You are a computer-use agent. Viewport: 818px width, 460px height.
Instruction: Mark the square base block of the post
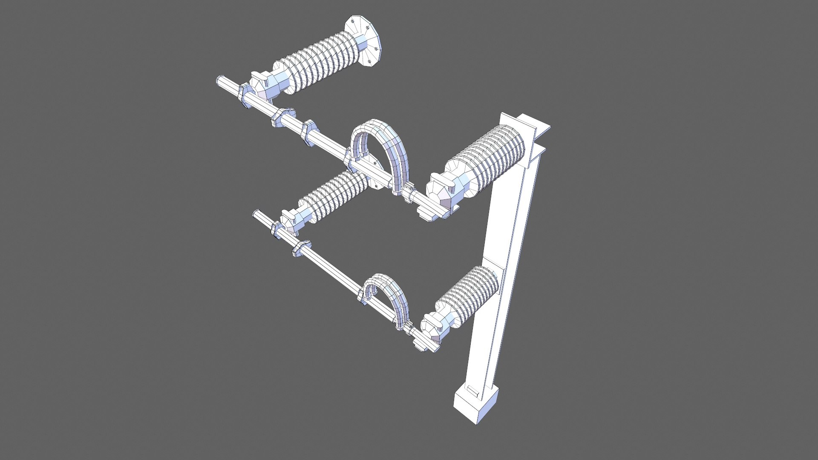(x=475, y=405)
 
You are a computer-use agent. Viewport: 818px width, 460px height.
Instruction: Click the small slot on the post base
(x=472, y=390)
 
